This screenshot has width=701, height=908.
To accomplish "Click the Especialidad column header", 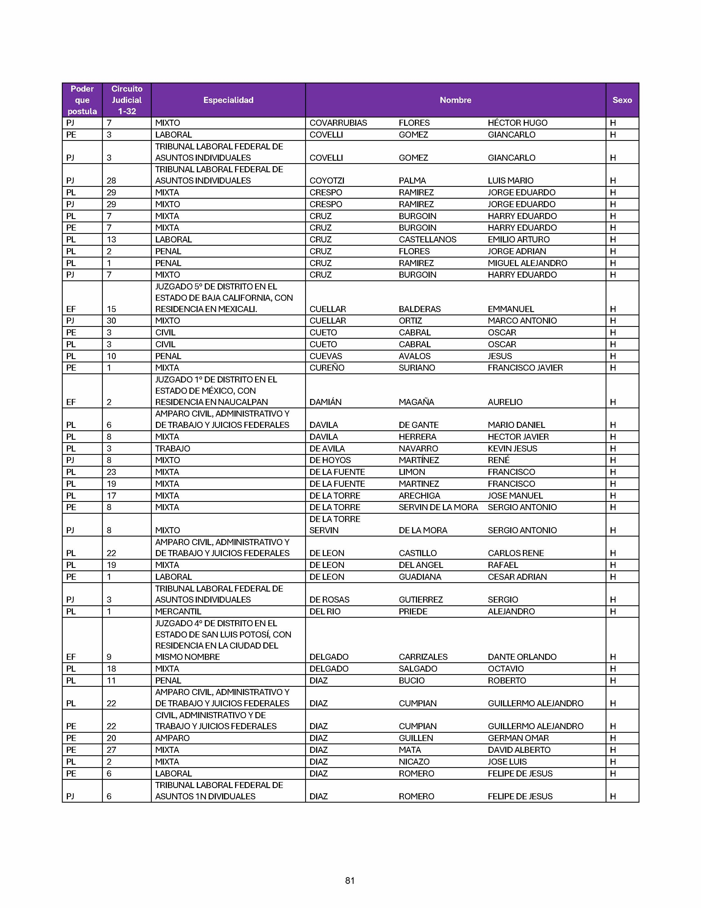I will coord(228,100).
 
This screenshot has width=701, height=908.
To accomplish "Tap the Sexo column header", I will coord(622,100).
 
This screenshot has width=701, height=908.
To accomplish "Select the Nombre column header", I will coord(455,100).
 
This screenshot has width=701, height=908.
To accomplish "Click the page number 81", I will coord(350,880).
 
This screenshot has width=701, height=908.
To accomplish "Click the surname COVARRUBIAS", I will coord(338,123).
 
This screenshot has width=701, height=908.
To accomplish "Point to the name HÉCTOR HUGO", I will coord(517,123).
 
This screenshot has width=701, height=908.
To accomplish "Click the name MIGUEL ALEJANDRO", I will coord(527,263).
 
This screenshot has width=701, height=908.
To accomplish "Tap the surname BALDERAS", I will coord(420,309).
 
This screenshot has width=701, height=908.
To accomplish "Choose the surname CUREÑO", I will coord(327,368).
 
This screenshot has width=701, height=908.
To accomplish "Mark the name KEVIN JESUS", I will coord(512,448).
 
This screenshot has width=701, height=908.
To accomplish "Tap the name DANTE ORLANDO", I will coord(521,657).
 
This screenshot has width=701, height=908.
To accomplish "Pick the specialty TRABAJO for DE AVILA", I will coord(172,448).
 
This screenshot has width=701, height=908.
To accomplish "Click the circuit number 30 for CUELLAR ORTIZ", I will coord(111,321).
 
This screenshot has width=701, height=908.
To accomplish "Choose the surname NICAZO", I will coord(414,762).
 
